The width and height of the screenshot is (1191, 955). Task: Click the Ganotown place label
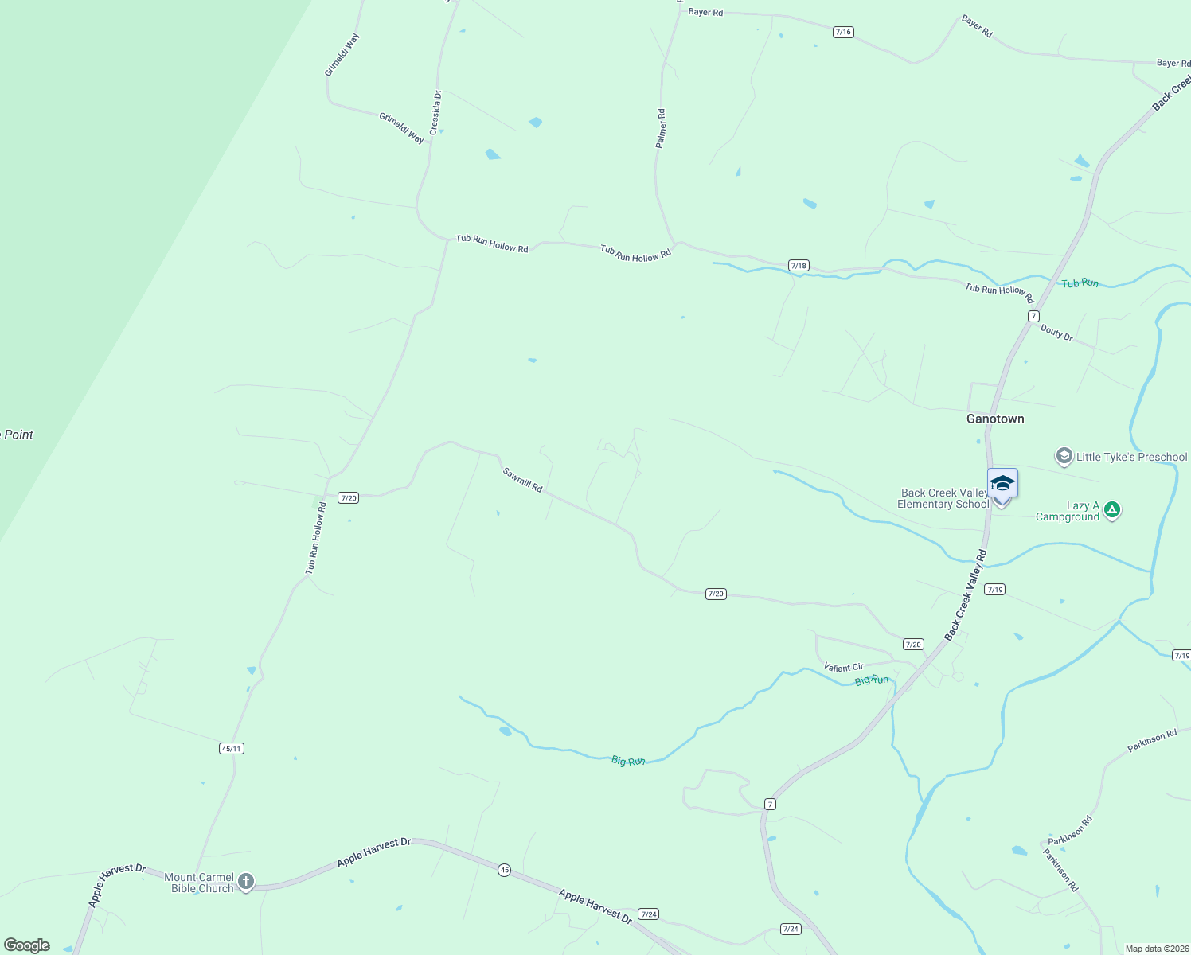coord(995,419)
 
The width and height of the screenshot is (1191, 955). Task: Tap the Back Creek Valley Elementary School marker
coord(1002,485)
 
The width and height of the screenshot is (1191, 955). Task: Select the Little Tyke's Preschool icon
coord(1064,457)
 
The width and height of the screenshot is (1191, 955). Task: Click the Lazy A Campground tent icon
coord(1113,509)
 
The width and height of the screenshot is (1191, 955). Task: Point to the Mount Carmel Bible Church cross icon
coord(246,882)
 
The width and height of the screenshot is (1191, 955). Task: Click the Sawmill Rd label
coord(522,479)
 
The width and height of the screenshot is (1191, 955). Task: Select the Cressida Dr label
coord(435,112)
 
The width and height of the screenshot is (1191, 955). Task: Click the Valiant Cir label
coord(843,667)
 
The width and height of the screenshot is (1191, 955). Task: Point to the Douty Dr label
coord(1056,333)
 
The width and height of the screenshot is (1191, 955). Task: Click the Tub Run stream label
coord(1080,283)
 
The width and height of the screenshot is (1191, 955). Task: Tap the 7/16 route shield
coord(843,32)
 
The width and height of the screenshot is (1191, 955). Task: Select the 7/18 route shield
coord(799,265)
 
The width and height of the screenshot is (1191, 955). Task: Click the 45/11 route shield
coord(232,748)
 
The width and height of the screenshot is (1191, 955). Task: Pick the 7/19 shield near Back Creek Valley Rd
coord(994,589)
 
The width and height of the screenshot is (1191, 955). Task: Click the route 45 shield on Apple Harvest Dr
coord(505,870)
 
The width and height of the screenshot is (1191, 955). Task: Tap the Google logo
coord(27,945)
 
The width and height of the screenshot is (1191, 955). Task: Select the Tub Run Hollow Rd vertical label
coord(316,537)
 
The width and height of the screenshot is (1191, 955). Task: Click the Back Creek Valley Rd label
coord(966,594)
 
